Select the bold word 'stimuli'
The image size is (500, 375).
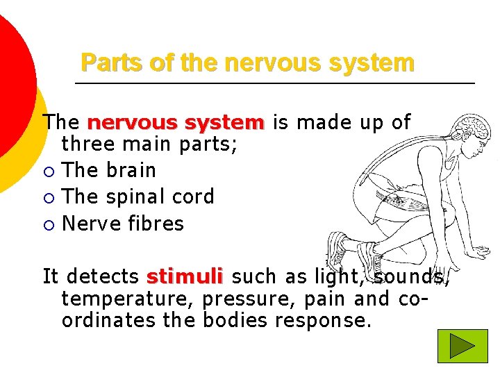(184, 277)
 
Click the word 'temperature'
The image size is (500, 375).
(128, 299)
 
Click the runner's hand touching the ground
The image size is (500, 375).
(481, 251)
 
